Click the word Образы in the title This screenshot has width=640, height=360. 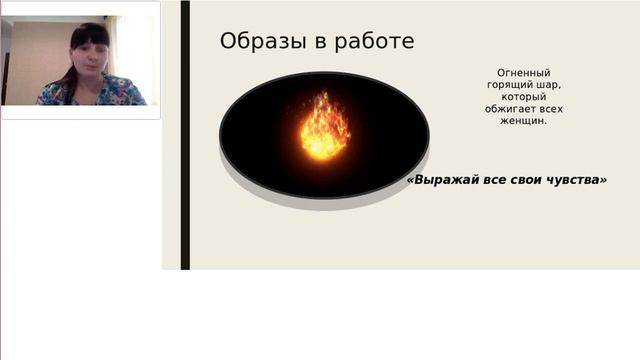point(256,42)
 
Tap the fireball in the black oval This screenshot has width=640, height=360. point(324,129)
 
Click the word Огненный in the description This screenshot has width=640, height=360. point(524,73)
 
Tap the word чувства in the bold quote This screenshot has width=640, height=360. point(570,181)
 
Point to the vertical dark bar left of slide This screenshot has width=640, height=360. point(185,135)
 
